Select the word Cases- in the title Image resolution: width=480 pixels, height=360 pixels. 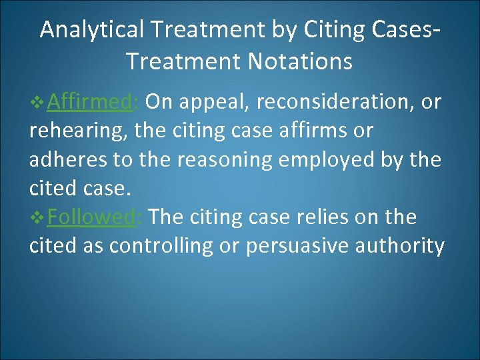(x=405, y=30)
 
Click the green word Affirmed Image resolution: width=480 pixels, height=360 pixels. (x=92, y=102)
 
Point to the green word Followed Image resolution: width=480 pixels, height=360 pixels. (x=93, y=217)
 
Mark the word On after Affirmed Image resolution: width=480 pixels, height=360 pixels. (x=158, y=102)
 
